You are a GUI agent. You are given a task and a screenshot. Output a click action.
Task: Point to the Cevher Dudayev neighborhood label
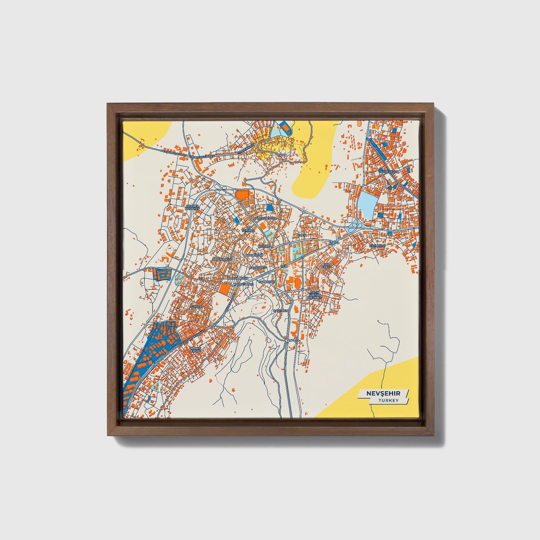[193, 207]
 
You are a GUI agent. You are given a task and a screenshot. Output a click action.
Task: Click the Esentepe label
[377, 246]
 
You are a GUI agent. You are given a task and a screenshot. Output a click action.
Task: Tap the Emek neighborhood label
[302, 235]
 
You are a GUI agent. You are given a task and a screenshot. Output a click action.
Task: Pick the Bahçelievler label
[265, 217]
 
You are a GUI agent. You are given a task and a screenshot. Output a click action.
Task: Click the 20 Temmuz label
[248, 229]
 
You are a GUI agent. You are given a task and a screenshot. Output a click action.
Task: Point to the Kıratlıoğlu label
[222, 259]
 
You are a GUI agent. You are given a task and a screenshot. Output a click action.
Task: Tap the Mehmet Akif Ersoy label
[196, 349]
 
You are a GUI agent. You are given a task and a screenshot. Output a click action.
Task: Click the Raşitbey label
[281, 311]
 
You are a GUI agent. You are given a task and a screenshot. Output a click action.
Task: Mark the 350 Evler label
[327, 266]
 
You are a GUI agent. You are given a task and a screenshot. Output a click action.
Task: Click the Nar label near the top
[287, 154]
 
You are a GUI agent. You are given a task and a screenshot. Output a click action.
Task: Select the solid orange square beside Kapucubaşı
[225, 289]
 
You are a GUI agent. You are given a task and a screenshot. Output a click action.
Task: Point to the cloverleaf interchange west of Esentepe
[353, 226]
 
